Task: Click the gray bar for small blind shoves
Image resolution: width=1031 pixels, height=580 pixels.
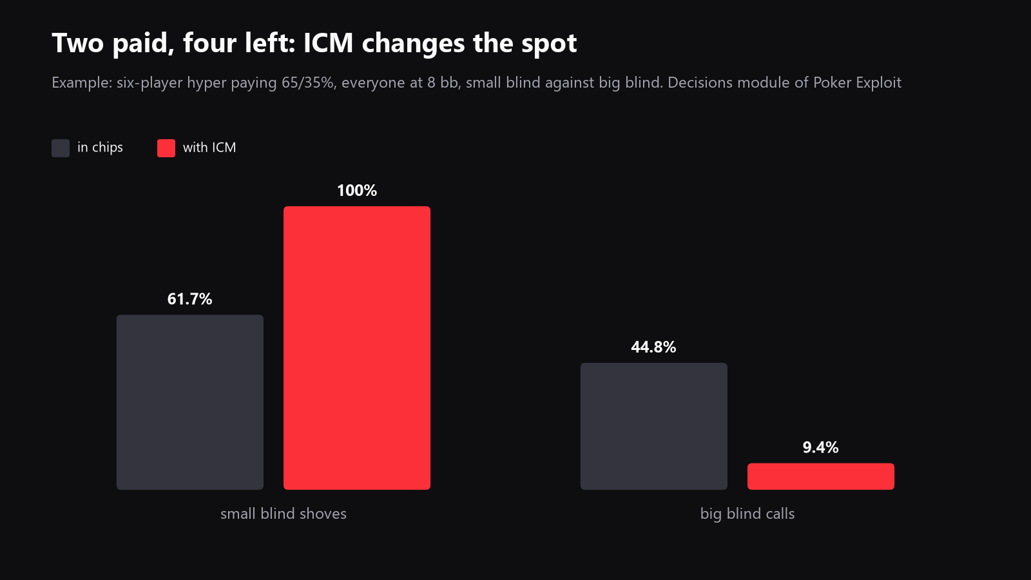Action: (x=189, y=402)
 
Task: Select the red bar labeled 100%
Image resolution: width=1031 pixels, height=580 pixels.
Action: (x=357, y=348)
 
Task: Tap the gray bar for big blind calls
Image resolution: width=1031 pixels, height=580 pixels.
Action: (x=653, y=426)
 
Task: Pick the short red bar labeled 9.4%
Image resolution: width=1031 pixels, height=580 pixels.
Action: (x=821, y=476)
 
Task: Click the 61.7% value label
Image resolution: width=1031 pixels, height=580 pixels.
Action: (x=189, y=299)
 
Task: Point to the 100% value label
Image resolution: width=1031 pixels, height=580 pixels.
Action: (x=357, y=191)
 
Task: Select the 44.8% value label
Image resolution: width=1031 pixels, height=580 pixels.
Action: (x=653, y=347)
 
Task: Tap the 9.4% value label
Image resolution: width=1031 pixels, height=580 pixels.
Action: (x=821, y=447)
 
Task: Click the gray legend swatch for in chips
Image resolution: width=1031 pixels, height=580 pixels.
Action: (x=61, y=148)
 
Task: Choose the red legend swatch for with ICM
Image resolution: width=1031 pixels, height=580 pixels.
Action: (x=166, y=148)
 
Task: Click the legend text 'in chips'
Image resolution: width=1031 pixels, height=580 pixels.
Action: (x=100, y=148)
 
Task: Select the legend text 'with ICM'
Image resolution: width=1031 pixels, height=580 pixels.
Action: (x=209, y=148)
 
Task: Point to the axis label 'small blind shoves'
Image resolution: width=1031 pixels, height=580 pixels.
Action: (x=284, y=513)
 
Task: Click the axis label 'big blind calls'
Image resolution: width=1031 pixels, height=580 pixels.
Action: (x=747, y=514)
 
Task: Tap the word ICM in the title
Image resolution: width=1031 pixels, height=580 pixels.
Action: (x=328, y=43)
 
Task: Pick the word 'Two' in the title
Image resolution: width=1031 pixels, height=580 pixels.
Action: (x=78, y=43)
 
